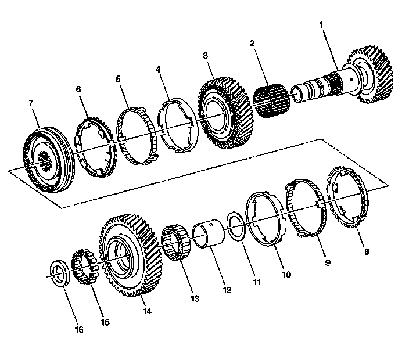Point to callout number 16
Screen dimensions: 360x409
point(79,330)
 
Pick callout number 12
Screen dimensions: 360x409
point(227,289)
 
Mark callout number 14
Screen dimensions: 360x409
point(148,311)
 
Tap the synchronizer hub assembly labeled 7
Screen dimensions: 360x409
point(49,159)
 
